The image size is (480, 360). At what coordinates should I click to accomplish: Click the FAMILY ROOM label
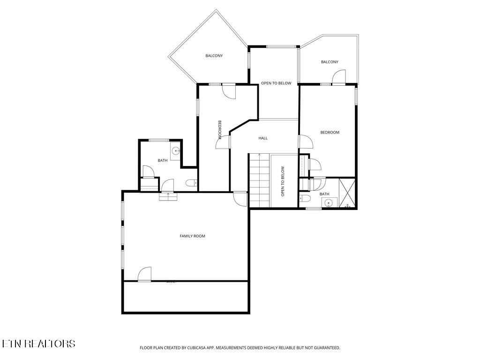point(192,236)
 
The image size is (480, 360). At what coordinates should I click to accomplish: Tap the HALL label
point(263,138)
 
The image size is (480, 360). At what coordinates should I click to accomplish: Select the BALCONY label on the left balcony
point(214,56)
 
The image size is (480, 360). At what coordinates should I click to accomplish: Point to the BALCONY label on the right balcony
point(330,62)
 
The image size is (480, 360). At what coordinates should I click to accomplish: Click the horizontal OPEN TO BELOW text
point(276,83)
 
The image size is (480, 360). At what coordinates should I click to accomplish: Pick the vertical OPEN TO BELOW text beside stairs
point(283,181)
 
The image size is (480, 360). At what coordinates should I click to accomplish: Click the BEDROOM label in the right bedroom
point(330,133)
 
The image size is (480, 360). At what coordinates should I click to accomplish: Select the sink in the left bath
point(175,151)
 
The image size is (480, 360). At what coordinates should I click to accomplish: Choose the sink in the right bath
point(329,202)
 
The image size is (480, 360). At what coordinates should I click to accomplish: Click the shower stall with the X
point(347,193)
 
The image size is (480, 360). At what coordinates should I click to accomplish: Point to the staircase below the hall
point(259,180)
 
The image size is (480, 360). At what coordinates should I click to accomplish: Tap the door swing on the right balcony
point(338,77)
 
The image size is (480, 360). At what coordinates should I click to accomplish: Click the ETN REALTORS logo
point(38,344)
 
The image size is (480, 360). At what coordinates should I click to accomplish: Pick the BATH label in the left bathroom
point(162,161)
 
